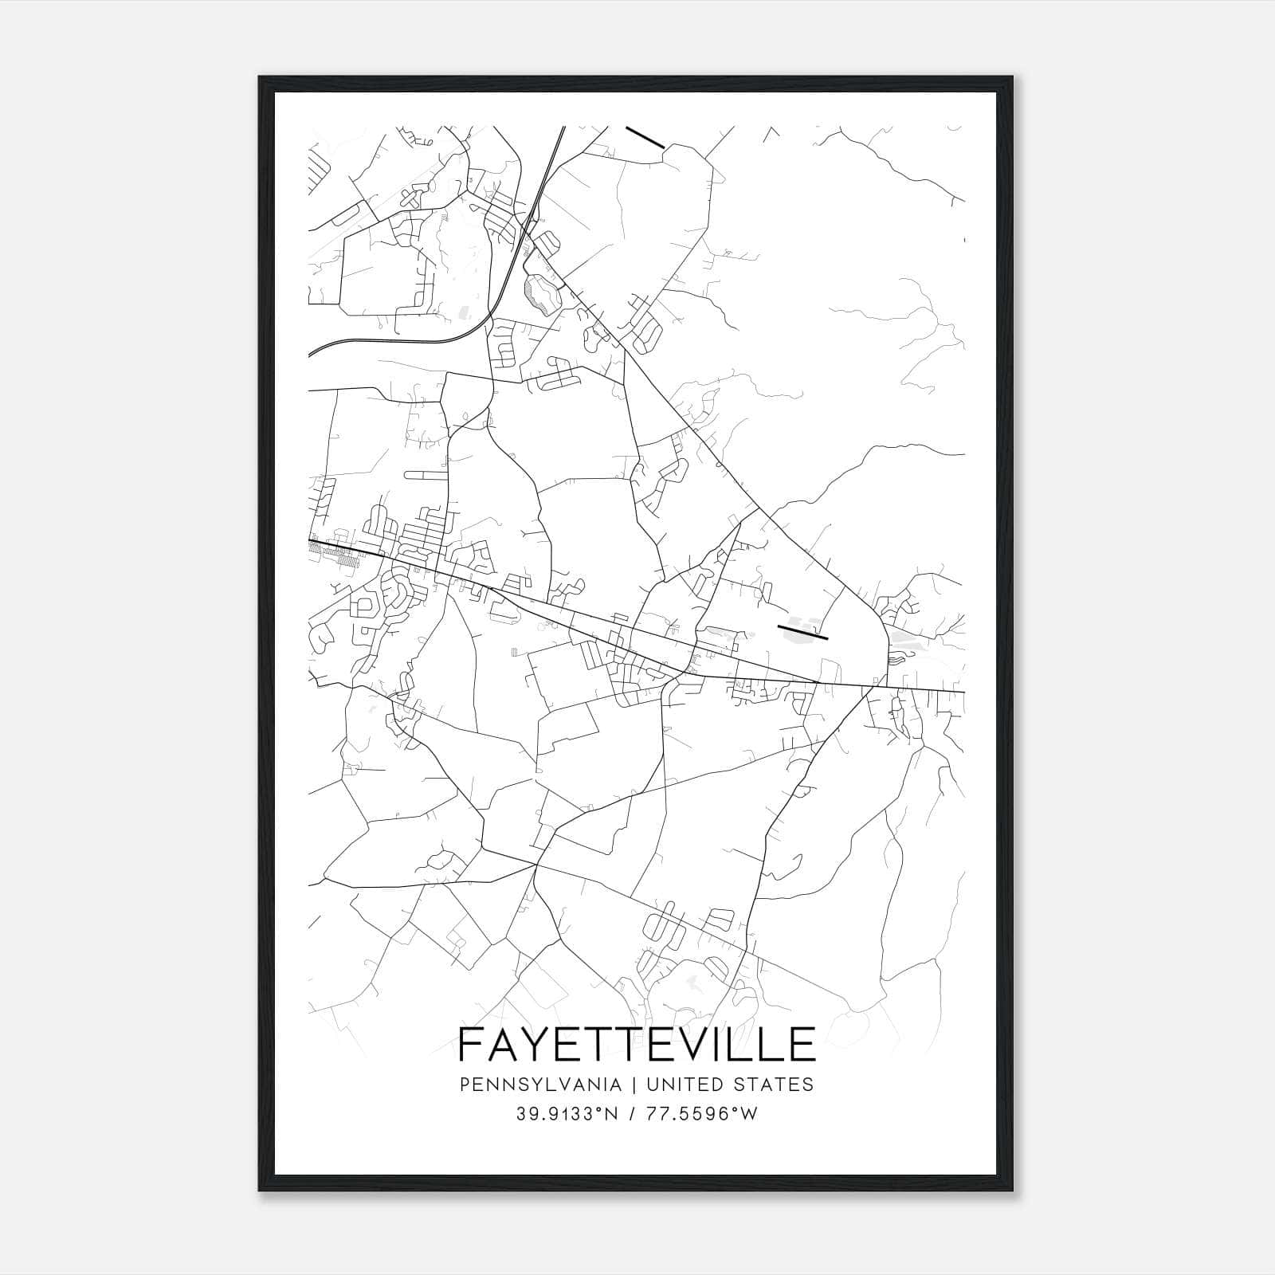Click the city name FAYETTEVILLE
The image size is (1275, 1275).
637,1044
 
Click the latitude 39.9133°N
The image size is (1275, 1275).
567,1114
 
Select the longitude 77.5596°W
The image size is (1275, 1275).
702,1114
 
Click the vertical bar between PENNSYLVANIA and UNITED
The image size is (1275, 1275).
634,1085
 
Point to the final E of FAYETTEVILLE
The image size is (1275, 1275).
803,1044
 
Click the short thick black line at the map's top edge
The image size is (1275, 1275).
645,137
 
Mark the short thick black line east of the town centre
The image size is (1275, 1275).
802,632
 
